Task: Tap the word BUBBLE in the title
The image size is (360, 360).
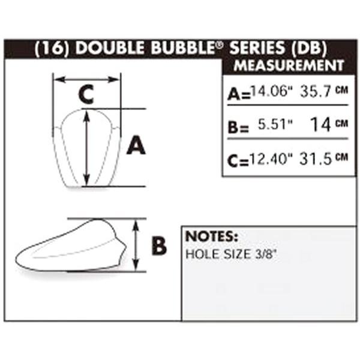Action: [184, 48]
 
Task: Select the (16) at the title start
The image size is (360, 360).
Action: [52, 49]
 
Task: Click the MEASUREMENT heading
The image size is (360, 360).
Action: [289, 65]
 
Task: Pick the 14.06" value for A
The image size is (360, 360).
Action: [272, 91]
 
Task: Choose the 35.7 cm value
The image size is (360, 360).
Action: [324, 91]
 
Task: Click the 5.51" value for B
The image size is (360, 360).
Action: [275, 124]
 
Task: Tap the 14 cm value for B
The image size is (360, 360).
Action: [329, 124]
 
